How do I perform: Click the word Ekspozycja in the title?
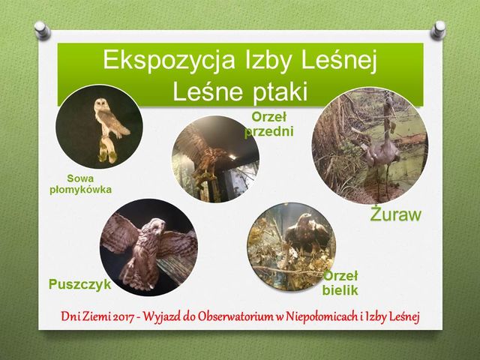tap(169, 60)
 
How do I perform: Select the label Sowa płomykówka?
tap(81, 184)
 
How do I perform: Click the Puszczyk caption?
tap(80, 284)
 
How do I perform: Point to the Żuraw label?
tap(396, 214)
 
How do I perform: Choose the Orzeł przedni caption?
tap(269, 124)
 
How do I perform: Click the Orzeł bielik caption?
tap(340, 283)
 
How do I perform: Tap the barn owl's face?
tap(100, 104)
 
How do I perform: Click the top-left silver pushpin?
tap(42, 30)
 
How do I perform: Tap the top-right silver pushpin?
tap(438, 30)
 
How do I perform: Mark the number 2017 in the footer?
tap(124, 317)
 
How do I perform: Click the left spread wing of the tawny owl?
tap(120, 234)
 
